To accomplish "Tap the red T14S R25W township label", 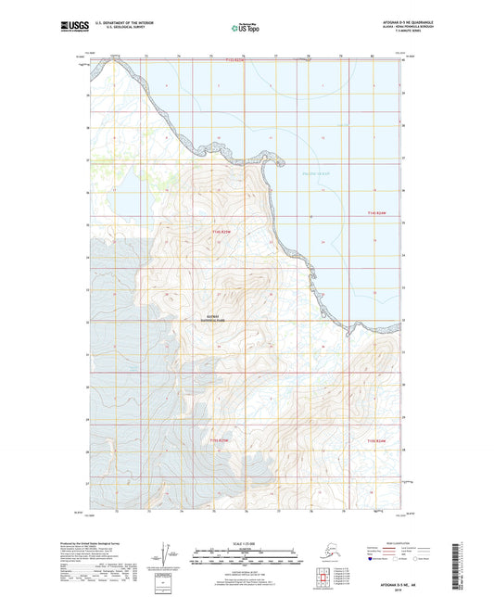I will [x=219, y=231].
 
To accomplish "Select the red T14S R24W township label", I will [x=374, y=214].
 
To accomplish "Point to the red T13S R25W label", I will [x=235, y=61].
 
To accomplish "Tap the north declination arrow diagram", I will [x=165, y=553].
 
